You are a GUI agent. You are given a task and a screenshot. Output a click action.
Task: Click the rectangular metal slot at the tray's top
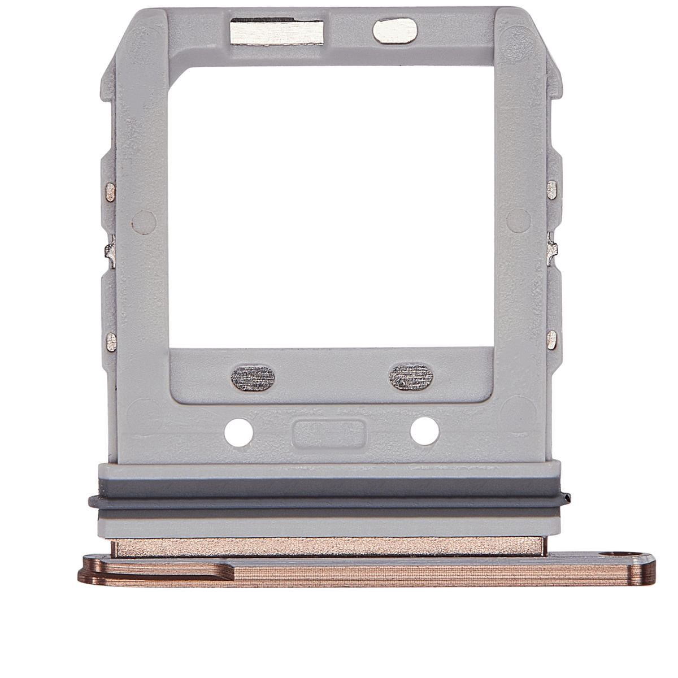[280, 27]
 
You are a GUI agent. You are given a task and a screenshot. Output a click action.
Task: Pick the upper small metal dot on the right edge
[551, 188]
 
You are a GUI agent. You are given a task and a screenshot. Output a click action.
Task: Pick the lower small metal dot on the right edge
[551, 340]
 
